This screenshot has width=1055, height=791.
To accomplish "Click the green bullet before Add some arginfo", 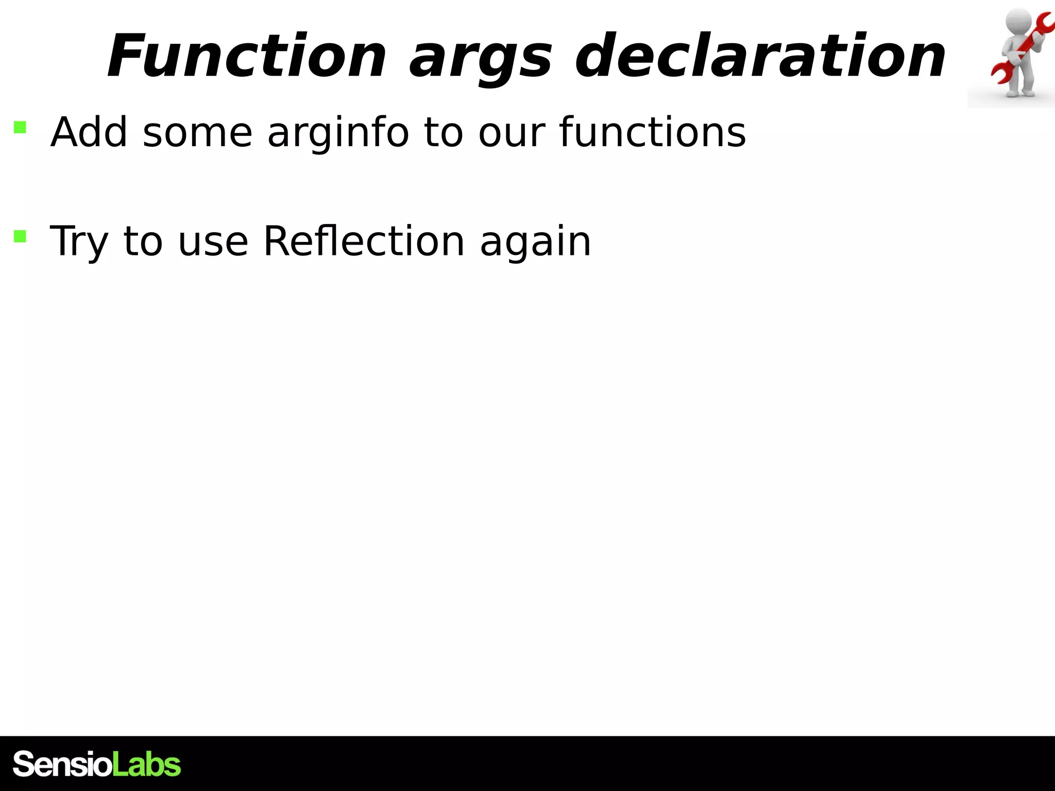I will coord(20,127).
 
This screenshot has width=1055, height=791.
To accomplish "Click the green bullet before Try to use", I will coord(20,236).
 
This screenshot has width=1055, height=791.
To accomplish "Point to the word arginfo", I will coord(338,133).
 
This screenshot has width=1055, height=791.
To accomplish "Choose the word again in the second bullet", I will coord(535,242).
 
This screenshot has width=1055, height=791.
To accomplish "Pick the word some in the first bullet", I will coord(197,133).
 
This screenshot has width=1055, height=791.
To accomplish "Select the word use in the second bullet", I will coord(213,242).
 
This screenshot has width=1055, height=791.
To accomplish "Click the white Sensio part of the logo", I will coord(62,764).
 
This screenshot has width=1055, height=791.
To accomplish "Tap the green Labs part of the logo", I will coord(146,764).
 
